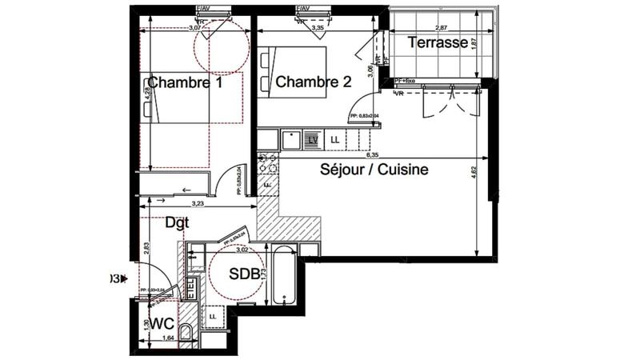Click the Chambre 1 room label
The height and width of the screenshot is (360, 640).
point(185,82)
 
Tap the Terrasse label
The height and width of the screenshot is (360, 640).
point(438,43)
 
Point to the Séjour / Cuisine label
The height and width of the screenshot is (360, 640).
point(374,170)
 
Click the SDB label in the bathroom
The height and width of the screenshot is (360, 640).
point(244,274)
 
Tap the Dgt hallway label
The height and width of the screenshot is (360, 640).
point(177,223)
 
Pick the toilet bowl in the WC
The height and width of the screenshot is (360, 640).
point(186,334)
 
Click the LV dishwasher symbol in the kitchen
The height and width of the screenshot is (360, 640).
point(313,141)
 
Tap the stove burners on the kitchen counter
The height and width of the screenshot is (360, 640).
point(266,163)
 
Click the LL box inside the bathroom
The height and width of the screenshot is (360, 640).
point(213,317)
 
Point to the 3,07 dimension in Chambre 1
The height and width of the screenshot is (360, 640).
point(194,27)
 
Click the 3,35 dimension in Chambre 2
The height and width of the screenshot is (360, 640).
point(318,27)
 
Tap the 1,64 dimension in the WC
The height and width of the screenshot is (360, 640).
point(168,338)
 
